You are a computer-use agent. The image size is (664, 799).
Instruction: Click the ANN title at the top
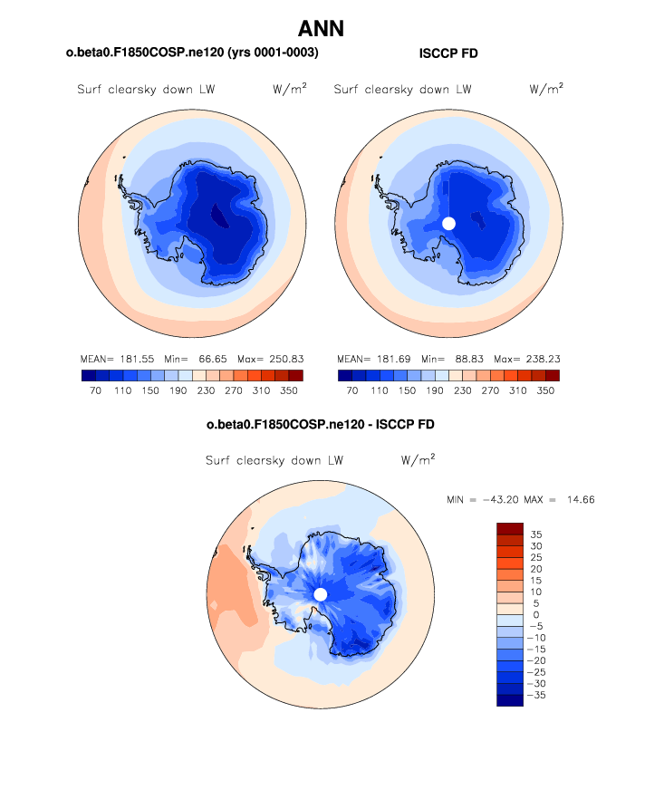(321, 28)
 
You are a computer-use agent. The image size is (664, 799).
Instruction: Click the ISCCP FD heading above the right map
(448, 54)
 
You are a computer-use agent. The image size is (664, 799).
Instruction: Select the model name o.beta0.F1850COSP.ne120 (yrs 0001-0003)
(192, 54)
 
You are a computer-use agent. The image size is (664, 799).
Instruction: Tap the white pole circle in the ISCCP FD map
(448, 223)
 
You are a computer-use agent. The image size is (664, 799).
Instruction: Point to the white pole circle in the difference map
(320, 594)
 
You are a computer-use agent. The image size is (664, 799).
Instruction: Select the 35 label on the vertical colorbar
(536, 534)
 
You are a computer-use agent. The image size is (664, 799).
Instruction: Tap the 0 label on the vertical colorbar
(534, 615)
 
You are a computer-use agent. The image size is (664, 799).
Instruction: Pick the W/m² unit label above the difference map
(418, 460)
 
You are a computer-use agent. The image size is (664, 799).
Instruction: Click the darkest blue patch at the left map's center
(219, 215)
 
